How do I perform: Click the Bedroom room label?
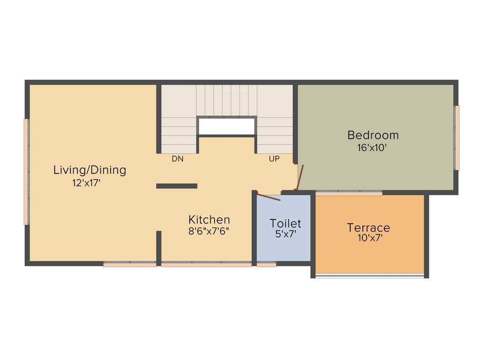tap(373, 135)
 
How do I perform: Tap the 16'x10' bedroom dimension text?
tap(373, 147)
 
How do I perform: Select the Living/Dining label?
tap(90, 170)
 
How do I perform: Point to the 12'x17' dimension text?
tap(86, 183)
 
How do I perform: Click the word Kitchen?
tap(209, 219)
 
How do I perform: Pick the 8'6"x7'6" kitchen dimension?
tap(209, 231)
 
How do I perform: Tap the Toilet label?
tap(285, 223)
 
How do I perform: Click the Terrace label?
tap(368, 228)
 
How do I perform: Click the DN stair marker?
tap(177, 159)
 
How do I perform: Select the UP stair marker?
tap(274, 159)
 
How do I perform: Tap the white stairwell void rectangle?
tap(226, 126)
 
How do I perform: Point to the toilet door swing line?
tap(269, 197)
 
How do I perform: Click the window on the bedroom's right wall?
tap(457, 137)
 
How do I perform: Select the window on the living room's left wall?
tap(27, 172)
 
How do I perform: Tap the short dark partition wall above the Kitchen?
tap(177, 186)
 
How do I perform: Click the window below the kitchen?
tap(206, 265)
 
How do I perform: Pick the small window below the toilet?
tap(266, 265)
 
